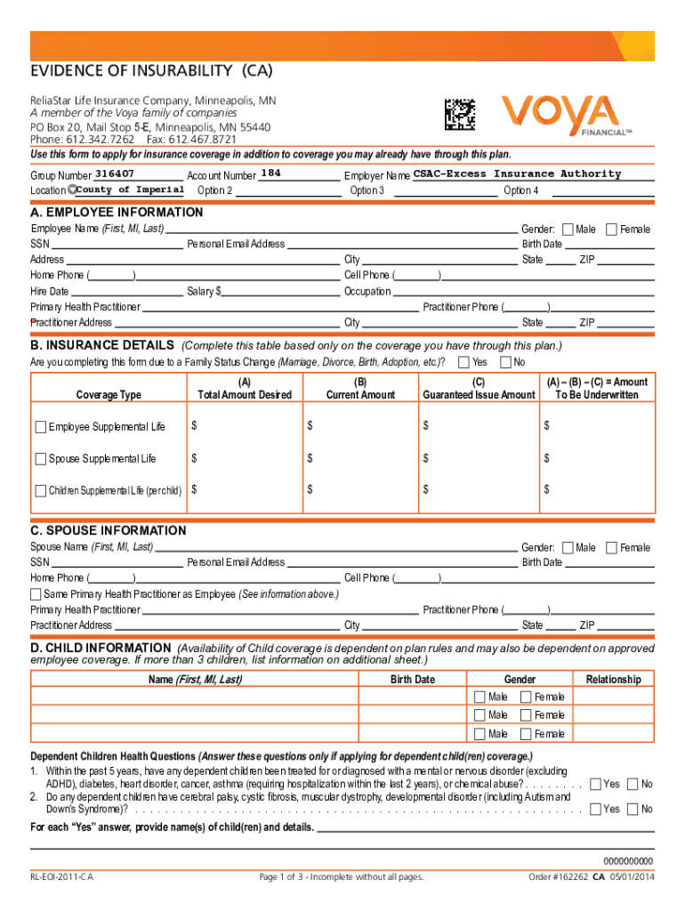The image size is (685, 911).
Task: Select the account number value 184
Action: point(273,173)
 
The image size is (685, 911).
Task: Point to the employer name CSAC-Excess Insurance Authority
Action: point(517,173)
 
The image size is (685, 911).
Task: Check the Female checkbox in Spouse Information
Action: point(612,548)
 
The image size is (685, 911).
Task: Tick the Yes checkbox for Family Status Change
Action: point(463,362)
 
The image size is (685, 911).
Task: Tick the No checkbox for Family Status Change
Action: point(506,362)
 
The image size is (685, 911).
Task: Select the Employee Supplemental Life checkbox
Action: point(41,427)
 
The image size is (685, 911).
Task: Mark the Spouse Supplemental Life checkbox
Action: point(41,459)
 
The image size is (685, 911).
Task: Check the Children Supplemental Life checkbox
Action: point(41,490)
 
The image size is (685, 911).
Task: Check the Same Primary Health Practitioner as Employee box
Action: point(36,593)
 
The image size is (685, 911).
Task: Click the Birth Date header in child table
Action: point(413,680)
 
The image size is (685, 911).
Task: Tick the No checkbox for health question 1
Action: point(633,784)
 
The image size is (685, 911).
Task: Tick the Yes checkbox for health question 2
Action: point(594,809)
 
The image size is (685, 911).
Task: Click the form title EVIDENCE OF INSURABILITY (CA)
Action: point(151,70)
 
